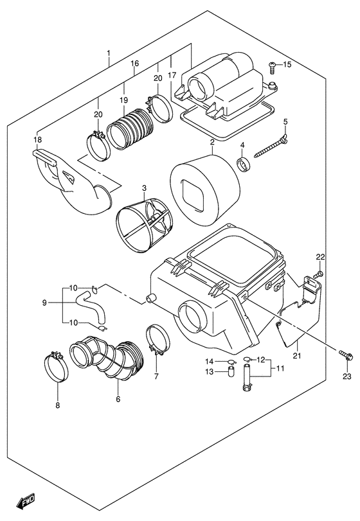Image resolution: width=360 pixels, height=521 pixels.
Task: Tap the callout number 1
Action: click(109, 53)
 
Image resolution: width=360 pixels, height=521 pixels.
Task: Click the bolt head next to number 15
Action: click(272, 65)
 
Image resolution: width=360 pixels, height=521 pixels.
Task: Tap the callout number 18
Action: click(37, 139)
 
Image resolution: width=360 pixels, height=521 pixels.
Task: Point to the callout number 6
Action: click(118, 399)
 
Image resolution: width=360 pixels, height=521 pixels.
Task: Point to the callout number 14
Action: click(210, 360)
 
